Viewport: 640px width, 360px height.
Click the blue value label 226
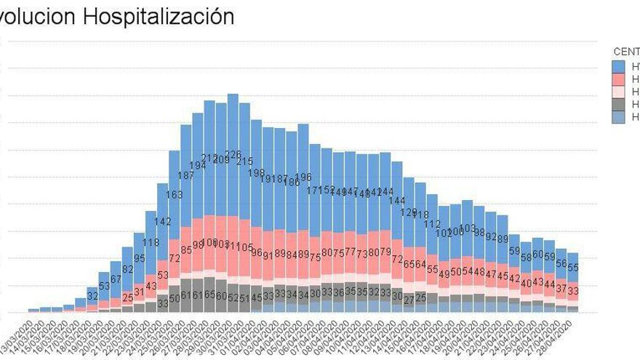[233, 155]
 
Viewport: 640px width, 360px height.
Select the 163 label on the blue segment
[175, 195]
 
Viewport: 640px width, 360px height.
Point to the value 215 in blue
[245, 161]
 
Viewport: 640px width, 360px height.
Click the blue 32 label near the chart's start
[92, 296]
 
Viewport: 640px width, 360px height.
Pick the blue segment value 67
[116, 279]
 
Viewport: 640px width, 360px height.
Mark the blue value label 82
[128, 269]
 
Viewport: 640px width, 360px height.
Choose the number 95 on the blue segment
[140, 259]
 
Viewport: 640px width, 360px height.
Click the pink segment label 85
[186, 250]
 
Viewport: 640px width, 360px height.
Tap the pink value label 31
[140, 292]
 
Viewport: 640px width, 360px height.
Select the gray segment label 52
[233, 297]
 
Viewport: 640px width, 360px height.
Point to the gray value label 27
[409, 299]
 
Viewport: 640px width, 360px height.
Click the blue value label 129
[409, 212]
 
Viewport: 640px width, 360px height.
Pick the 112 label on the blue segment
[433, 224]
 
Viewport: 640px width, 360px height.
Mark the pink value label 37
[561, 289]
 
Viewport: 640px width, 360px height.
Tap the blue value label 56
[561, 263]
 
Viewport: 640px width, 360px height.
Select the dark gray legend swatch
[618, 105]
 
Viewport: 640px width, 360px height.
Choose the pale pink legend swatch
[618, 92]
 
